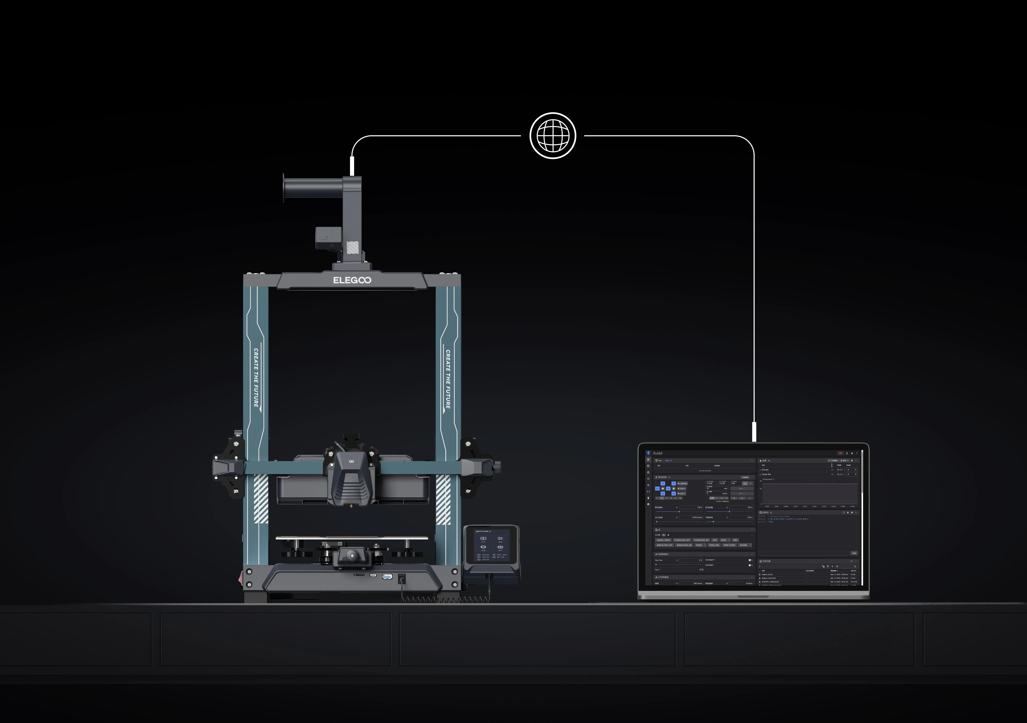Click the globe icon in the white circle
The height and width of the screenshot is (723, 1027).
[x=553, y=135]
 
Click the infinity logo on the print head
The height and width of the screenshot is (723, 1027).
[x=352, y=461]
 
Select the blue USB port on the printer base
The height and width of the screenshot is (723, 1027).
[x=387, y=576]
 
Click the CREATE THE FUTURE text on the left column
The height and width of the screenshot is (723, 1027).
[x=256, y=377]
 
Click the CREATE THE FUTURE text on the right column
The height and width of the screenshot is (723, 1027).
[x=448, y=379]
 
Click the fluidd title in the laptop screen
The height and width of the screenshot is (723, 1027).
[x=657, y=453]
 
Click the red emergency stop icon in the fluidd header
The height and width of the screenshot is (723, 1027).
[x=840, y=453]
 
